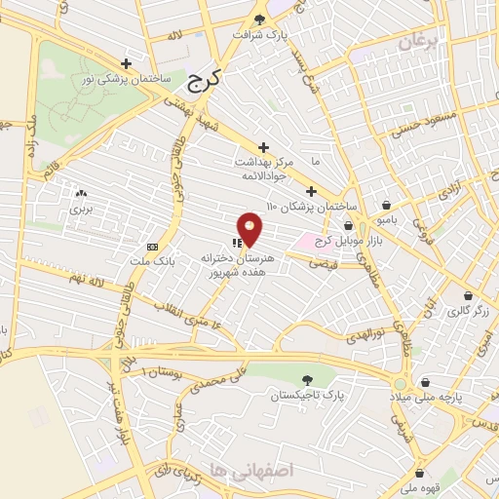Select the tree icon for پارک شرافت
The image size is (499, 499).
pos(259,19)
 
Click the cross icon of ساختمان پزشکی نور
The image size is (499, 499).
pos(126,63)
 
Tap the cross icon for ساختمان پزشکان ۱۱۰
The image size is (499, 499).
pos(311,191)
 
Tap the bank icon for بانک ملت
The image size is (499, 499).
pos(151,247)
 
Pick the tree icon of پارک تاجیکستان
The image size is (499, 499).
pos(308,380)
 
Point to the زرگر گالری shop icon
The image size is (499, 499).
pos(468,295)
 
